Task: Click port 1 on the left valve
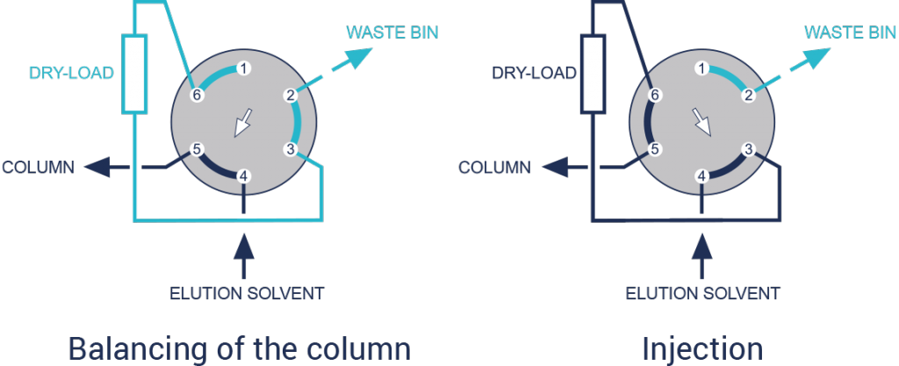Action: tap(244, 68)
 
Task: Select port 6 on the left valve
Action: tap(198, 96)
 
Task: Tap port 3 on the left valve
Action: tap(291, 148)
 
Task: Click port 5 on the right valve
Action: tap(654, 149)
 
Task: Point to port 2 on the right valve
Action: tap(747, 96)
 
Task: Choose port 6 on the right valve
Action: tap(654, 96)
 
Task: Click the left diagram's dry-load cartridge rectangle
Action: tap(133, 74)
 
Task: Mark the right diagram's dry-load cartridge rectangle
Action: tap(593, 74)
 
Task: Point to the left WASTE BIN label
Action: tap(391, 32)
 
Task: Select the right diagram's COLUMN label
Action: tap(494, 167)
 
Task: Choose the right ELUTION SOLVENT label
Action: tap(701, 292)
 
